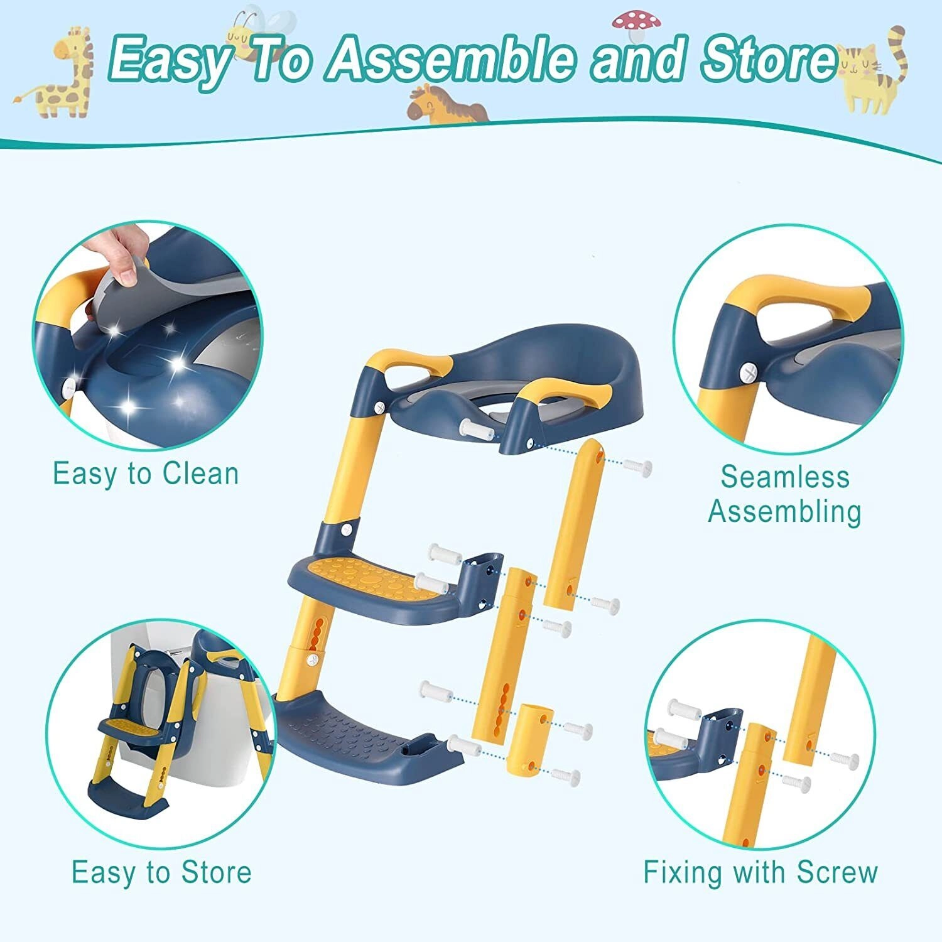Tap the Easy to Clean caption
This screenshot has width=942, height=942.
point(146,474)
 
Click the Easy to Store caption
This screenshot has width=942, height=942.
point(161,872)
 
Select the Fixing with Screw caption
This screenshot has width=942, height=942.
point(760,872)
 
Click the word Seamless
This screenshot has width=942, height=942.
point(784,477)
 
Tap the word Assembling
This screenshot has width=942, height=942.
point(784,511)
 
